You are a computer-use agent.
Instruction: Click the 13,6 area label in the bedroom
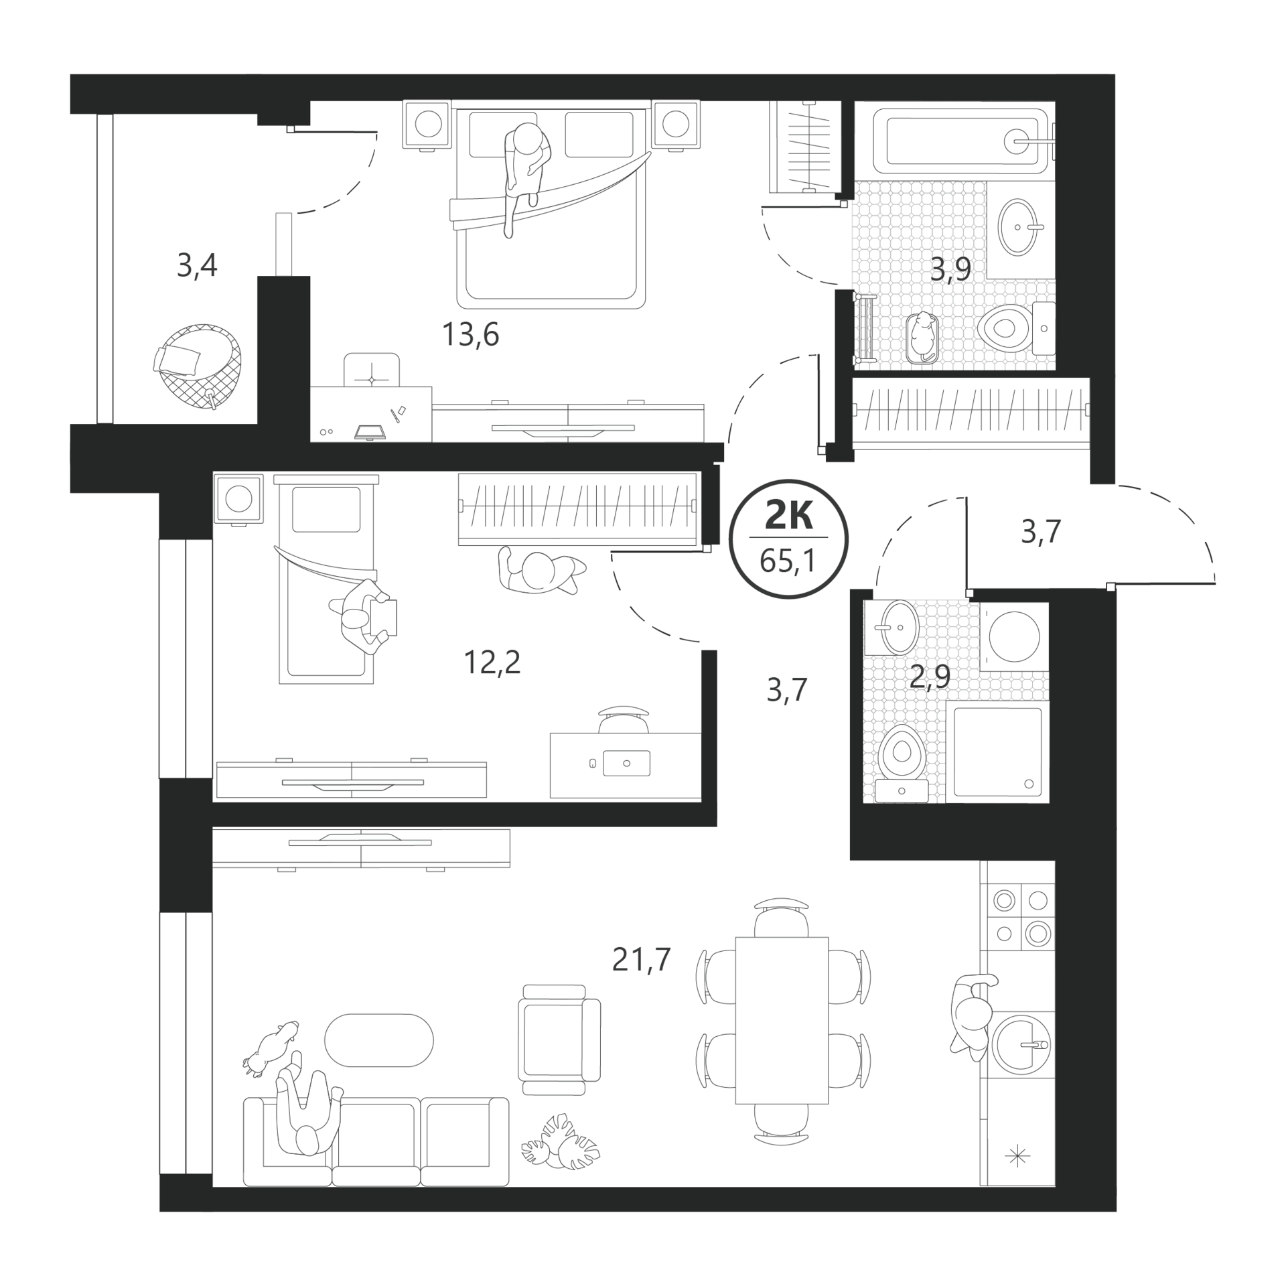click(470, 334)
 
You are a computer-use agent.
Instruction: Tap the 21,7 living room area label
click(641, 959)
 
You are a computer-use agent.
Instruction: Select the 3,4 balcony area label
click(197, 267)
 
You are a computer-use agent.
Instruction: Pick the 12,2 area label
click(492, 663)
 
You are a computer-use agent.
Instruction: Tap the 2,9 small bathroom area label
click(930, 677)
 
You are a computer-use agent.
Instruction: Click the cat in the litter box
click(924, 338)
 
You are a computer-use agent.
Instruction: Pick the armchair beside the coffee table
click(559, 1040)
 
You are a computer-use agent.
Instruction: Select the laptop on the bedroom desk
click(370, 431)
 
